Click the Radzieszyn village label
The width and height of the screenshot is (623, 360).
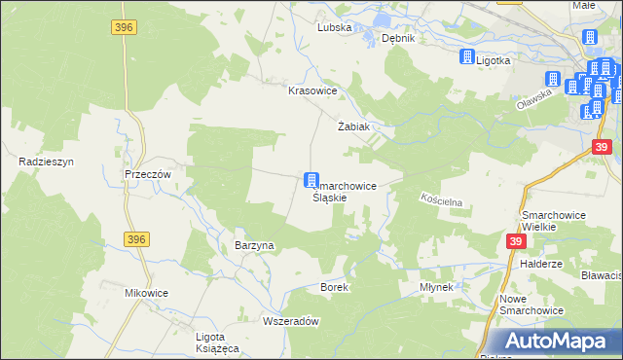[x=39, y=162]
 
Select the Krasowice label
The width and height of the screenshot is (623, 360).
[x=311, y=90]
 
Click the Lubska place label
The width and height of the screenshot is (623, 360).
[x=334, y=28]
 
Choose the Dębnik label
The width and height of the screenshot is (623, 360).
[x=398, y=38]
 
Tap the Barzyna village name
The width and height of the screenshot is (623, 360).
[x=254, y=246]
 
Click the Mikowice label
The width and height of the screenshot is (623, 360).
[x=147, y=293]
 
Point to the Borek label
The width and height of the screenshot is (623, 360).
[x=334, y=288]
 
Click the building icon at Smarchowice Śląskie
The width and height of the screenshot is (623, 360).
[x=311, y=179]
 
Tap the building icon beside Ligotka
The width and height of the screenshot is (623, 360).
[x=465, y=56]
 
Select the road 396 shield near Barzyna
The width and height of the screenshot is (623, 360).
[x=136, y=238]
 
